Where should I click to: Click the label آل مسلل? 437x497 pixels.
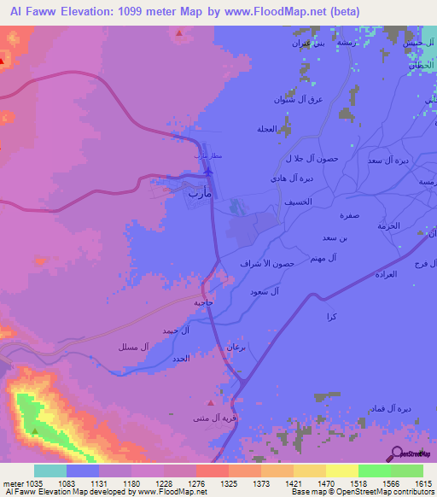point(134,347)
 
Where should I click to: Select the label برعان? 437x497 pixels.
point(236,347)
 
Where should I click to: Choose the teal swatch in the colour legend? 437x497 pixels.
point(50,471)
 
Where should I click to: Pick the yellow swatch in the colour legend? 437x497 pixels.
point(341,471)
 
